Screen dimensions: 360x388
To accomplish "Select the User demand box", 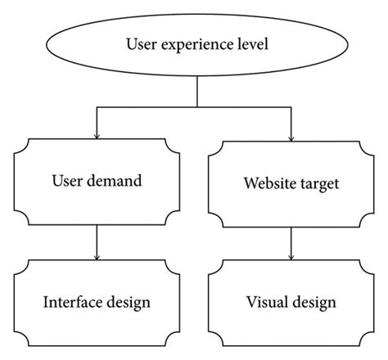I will [98, 180].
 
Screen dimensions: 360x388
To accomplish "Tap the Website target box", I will [291, 182].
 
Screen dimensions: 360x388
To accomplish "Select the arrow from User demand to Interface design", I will [98, 241].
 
